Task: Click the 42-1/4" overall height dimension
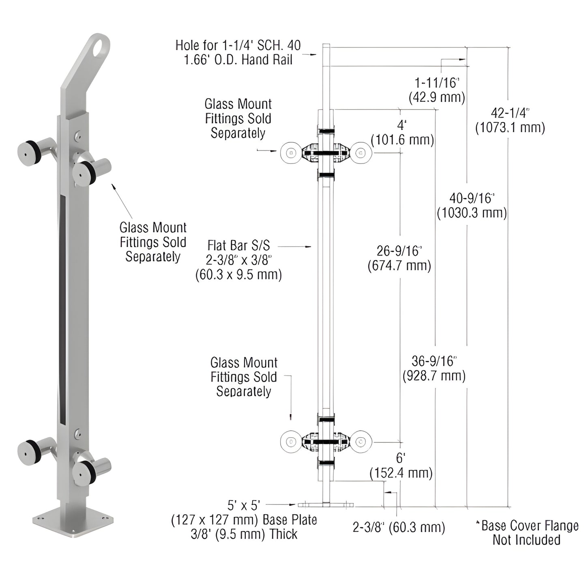[510, 120]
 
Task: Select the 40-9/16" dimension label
[472, 206]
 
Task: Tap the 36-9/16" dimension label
[434, 368]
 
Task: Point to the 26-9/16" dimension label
[399, 258]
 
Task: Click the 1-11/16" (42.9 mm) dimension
[437, 90]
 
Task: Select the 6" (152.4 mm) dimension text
[401, 466]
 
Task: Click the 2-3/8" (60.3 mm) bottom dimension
[399, 527]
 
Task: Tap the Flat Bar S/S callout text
[238, 260]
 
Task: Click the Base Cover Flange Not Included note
[527, 533]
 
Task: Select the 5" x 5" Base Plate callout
[244, 520]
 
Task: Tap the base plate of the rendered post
[73, 524]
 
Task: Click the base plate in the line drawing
[326, 505]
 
